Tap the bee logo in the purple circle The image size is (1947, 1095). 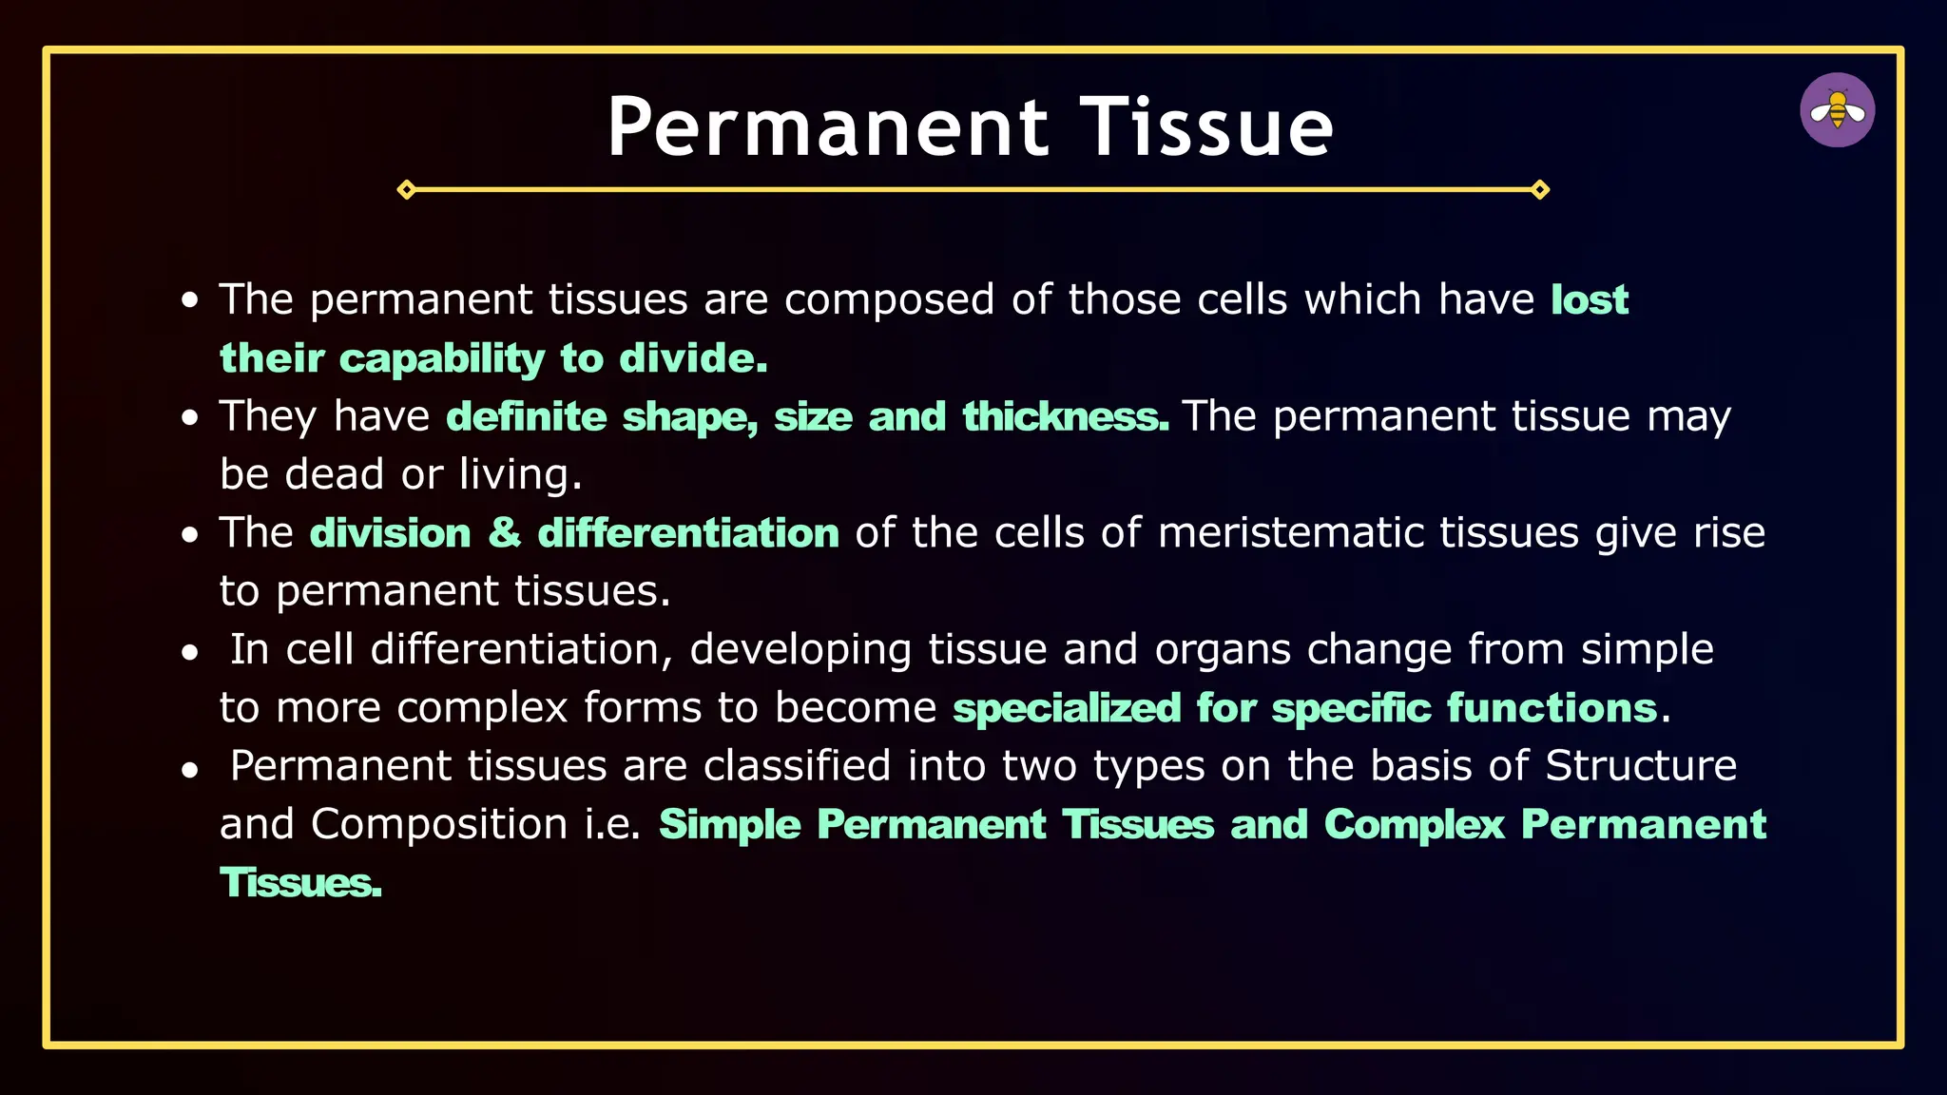coord(1837,110)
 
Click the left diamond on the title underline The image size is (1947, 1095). coord(406,190)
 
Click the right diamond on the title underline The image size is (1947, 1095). coord(1540,190)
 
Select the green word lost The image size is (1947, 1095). coord(1590,300)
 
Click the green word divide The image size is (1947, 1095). coord(691,359)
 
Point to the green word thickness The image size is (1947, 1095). coord(1065,417)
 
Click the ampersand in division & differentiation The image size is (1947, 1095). coord(504,533)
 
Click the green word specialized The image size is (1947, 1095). coord(1067,709)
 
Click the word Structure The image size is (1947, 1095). coord(1641,766)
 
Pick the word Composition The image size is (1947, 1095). coord(439,825)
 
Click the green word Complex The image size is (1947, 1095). coord(1414,825)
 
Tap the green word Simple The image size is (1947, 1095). coord(729,825)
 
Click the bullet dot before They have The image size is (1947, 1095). coord(190,418)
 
